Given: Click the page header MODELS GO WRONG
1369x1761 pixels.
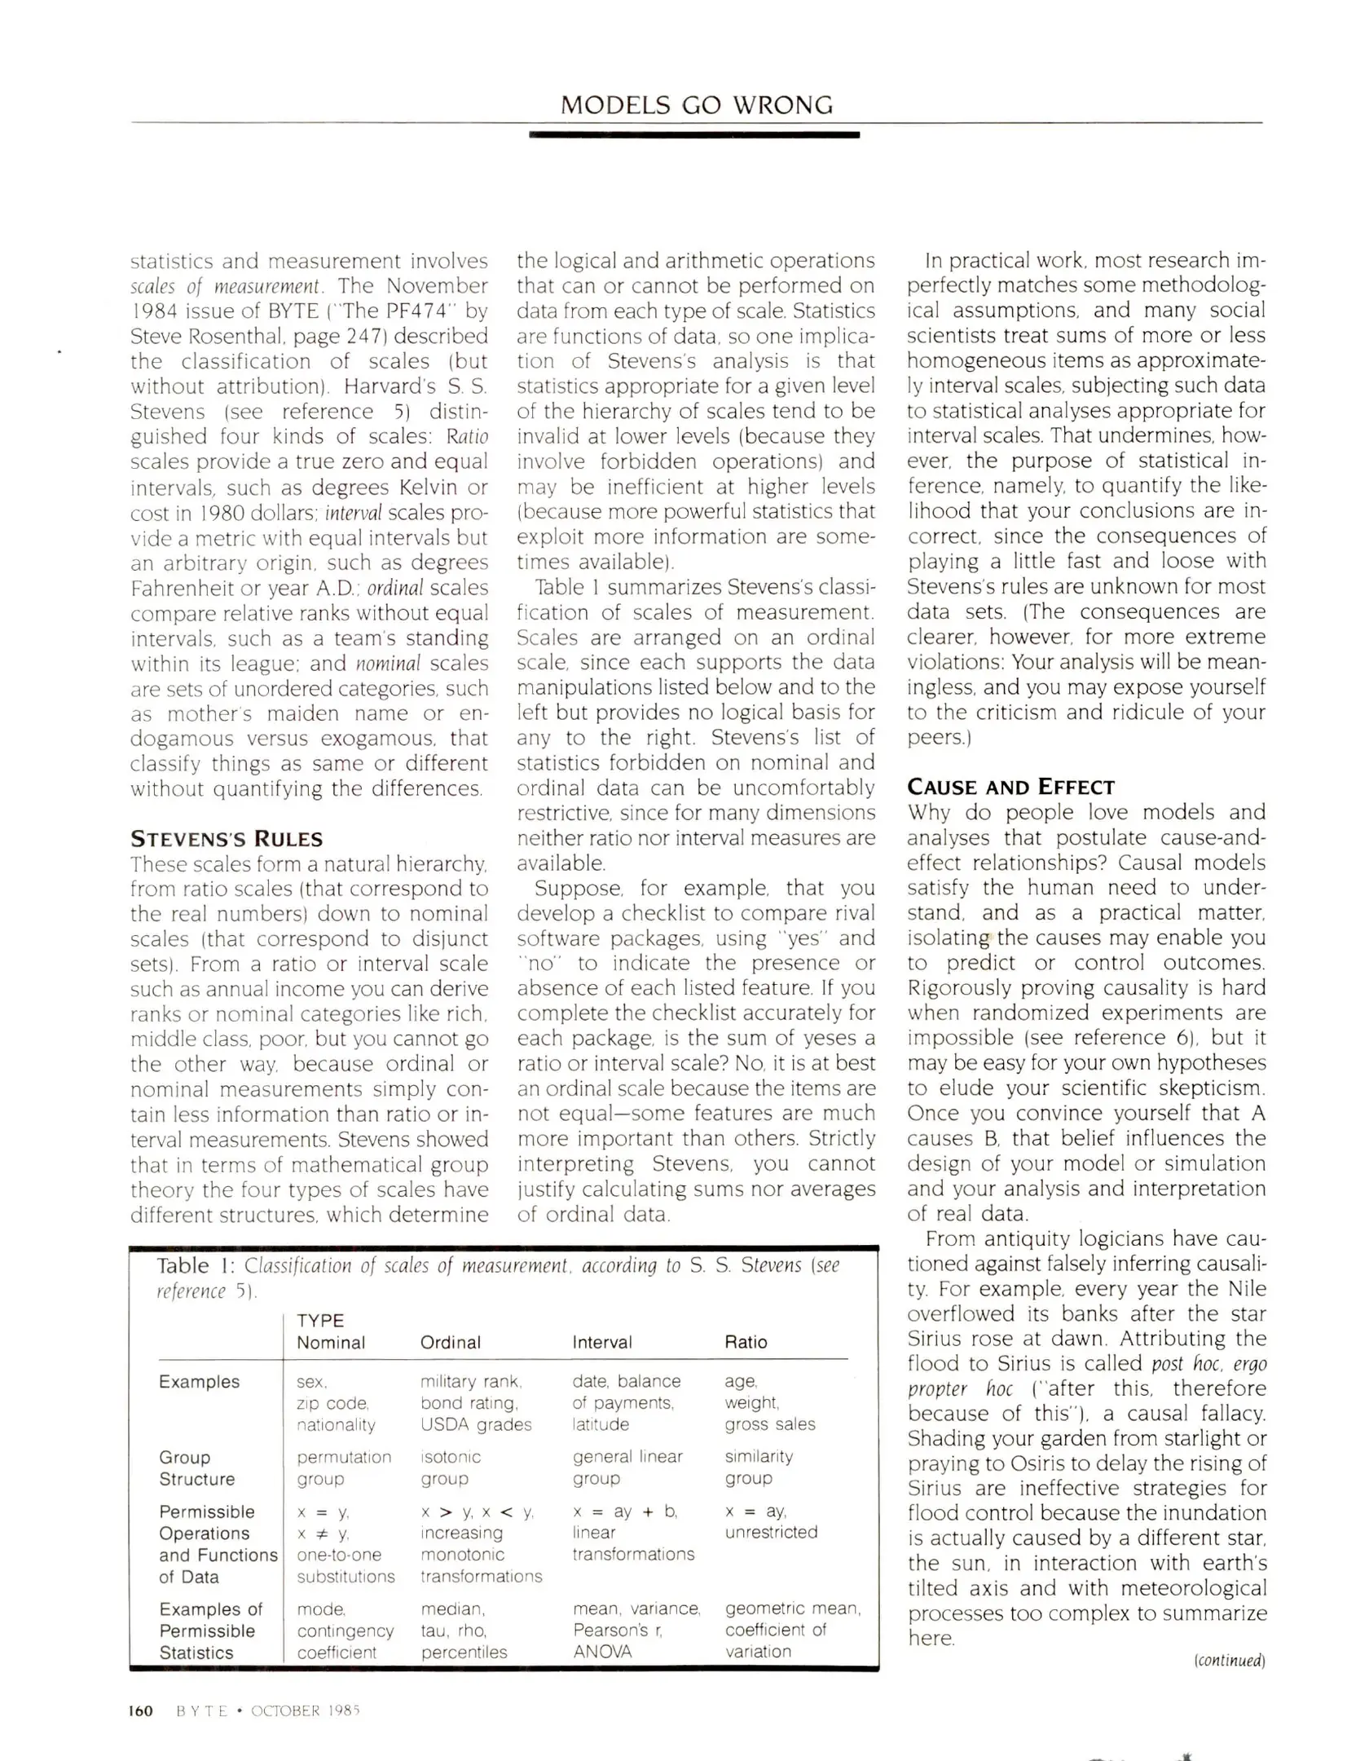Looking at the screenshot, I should point(697,105).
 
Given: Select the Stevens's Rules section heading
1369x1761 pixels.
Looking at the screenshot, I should point(227,839).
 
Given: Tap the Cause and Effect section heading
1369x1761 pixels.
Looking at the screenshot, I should point(1010,787).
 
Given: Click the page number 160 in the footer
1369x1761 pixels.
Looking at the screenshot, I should point(141,1710).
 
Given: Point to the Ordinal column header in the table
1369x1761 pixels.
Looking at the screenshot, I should point(450,1342).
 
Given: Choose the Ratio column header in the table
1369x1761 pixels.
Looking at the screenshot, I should point(746,1342).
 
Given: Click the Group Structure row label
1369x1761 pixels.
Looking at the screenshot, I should point(197,1467).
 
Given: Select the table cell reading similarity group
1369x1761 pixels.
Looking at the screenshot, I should point(758,1467).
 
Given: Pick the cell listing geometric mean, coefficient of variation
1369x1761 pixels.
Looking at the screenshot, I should point(792,1630).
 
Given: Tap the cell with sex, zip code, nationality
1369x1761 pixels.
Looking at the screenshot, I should point(335,1402).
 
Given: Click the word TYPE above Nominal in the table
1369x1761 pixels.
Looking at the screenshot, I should point(320,1320).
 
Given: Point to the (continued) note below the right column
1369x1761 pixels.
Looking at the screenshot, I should point(1229,1661).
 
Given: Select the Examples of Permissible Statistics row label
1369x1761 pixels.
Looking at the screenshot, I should point(210,1631).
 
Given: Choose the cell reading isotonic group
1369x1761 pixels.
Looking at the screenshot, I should point(450,1467).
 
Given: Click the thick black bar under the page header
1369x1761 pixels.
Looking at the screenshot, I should point(693,135).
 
